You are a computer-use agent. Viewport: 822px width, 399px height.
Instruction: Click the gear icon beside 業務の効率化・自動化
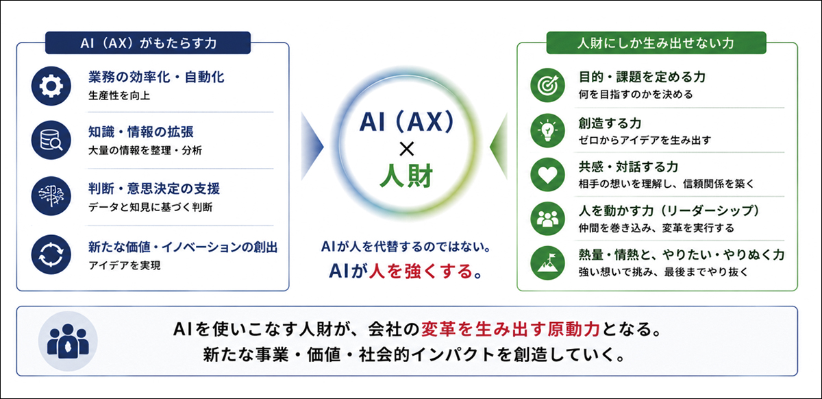51,86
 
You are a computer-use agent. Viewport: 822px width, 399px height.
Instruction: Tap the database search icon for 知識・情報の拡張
51,140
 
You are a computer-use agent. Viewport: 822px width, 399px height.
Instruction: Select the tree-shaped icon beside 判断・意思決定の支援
51,196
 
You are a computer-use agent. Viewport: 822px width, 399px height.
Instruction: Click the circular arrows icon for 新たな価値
51,254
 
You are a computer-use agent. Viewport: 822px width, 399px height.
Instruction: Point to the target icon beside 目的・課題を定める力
547,85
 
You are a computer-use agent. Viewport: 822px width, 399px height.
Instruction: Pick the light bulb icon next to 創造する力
547,130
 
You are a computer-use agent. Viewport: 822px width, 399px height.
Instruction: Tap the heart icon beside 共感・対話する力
547,175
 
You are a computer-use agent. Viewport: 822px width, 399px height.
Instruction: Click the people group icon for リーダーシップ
547,219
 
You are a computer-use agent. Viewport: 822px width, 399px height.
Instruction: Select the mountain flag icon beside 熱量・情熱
547,263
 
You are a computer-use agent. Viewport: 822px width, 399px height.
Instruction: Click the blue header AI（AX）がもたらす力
148,43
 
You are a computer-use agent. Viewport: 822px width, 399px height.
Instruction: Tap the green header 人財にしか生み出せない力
656,43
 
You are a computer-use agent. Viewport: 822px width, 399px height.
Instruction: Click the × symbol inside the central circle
406,149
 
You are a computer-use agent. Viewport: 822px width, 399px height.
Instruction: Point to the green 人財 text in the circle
406,176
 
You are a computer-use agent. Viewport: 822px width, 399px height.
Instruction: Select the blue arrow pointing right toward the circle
312,147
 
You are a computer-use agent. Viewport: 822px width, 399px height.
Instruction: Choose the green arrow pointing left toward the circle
499,147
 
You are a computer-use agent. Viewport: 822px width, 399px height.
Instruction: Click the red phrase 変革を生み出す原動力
510,329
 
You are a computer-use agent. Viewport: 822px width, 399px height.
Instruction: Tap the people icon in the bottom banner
68,341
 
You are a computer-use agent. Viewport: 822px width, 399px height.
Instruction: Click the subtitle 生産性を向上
119,96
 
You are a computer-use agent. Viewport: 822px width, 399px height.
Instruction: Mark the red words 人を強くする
421,271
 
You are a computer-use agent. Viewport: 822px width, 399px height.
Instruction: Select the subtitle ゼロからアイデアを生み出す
645,140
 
